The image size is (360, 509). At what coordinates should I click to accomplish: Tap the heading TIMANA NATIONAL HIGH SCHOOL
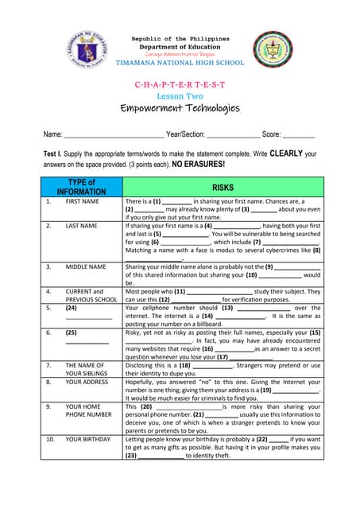[180, 62]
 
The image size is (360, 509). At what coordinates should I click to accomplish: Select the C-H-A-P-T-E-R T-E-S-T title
[180, 84]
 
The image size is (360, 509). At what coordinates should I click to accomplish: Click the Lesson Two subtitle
[180, 95]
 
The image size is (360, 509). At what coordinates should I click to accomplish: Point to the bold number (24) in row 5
[72, 307]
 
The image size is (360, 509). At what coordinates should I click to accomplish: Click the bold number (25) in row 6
[72, 332]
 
